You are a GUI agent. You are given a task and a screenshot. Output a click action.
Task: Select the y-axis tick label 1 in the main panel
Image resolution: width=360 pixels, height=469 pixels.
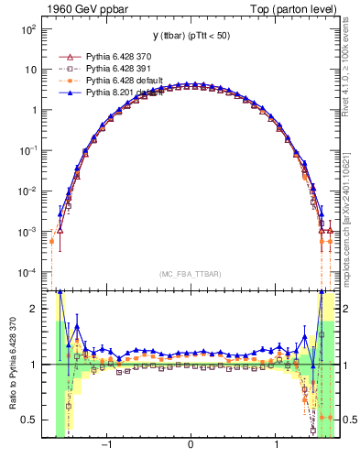pos(33,110)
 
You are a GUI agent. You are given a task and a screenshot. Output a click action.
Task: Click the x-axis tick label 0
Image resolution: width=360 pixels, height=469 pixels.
pos(191,446)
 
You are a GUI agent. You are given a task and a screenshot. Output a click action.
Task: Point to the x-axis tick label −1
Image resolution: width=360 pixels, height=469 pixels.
pos(107,446)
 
